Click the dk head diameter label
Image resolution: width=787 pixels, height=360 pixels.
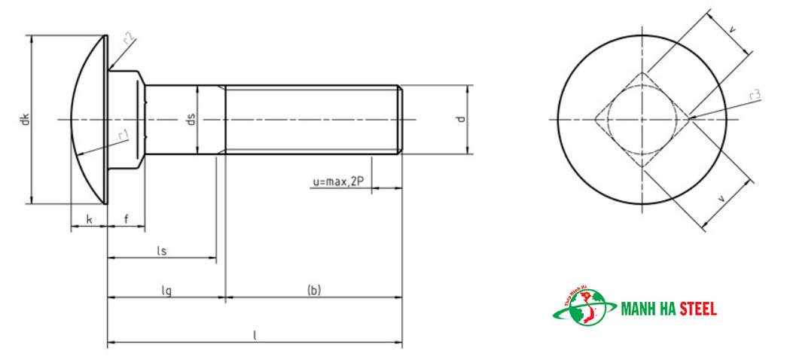click(x=25, y=119)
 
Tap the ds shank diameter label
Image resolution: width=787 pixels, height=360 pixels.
click(x=191, y=119)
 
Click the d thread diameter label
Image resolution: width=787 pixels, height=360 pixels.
click(x=461, y=119)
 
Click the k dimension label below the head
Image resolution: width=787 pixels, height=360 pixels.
click(x=89, y=219)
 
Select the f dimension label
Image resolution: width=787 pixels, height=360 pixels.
click(x=126, y=219)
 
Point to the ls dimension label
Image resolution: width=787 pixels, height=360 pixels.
click(x=161, y=250)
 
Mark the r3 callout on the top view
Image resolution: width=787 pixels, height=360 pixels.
click(x=755, y=95)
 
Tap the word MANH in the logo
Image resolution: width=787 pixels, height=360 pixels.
click(x=638, y=309)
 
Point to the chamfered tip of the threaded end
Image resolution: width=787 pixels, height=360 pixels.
click(x=400, y=119)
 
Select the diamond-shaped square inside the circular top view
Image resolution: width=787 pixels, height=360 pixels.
click(x=642, y=119)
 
